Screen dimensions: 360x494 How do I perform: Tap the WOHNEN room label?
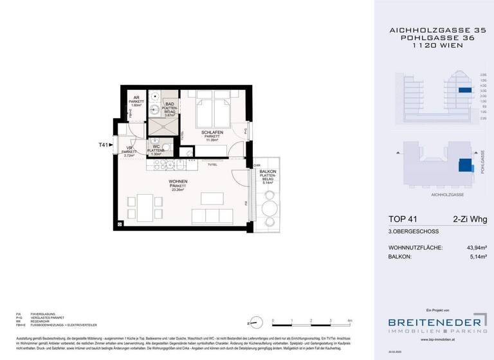click(178, 182)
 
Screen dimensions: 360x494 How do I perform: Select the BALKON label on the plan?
click(268, 172)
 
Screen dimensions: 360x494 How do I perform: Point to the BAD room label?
click(169, 105)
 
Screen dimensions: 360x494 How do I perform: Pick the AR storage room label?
click(136, 98)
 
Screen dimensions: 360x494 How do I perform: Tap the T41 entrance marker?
click(104, 146)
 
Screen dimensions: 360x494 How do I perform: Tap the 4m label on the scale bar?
click(349, 319)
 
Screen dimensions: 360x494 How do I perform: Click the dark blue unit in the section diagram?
click(464, 91)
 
